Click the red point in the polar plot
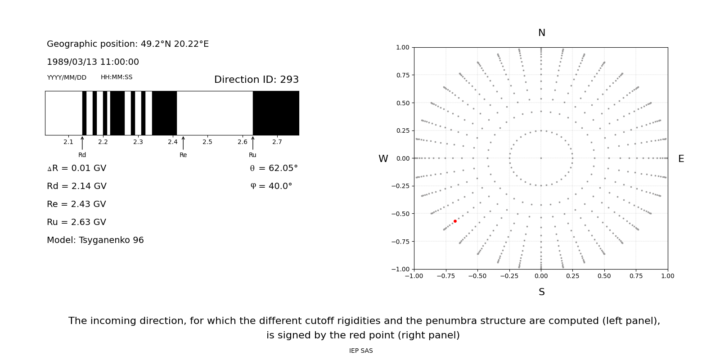pyautogui.click(x=455, y=221)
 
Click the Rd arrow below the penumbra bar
pyautogui.click(x=82, y=143)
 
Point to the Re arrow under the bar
pyautogui.click(x=183, y=143)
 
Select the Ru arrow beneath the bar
pyautogui.click(x=252, y=143)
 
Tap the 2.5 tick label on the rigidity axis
pyautogui.click(x=207, y=142)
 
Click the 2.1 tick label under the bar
pyautogui.click(x=68, y=142)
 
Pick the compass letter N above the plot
pyautogui.click(x=541, y=33)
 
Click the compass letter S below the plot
pyautogui.click(x=541, y=292)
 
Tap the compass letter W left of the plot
pyautogui.click(x=383, y=159)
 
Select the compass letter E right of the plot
pyautogui.click(x=681, y=159)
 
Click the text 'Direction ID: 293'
pyautogui.click(x=256, y=80)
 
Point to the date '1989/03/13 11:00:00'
pyautogui.click(x=93, y=62)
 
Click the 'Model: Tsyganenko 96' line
pyautogui.click(x=95, y=240)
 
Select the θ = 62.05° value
pyautogui.click(x=274, y=168)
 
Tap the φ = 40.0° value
pyautogui.click(x=271, y=186)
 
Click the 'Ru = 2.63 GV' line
pyautogui.click(x=76, y=222)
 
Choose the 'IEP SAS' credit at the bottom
pyautogui.click(x=360, y=351)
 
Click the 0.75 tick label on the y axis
pyautogui.click(x=402, y=75)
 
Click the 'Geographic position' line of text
pyautogui.click(x=127, y=44)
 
